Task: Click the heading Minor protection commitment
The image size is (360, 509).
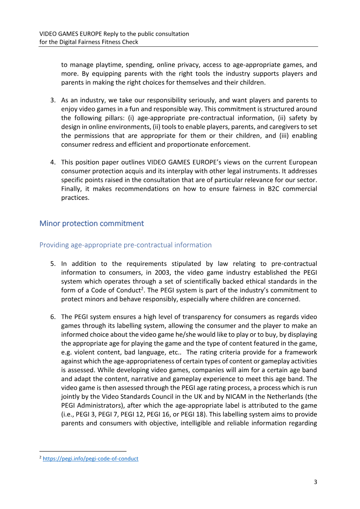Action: (92, 223)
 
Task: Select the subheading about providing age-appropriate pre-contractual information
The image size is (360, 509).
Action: (126, 245)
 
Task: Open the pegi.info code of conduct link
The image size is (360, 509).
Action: (90, 459)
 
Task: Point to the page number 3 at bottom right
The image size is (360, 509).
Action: (315, 482)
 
